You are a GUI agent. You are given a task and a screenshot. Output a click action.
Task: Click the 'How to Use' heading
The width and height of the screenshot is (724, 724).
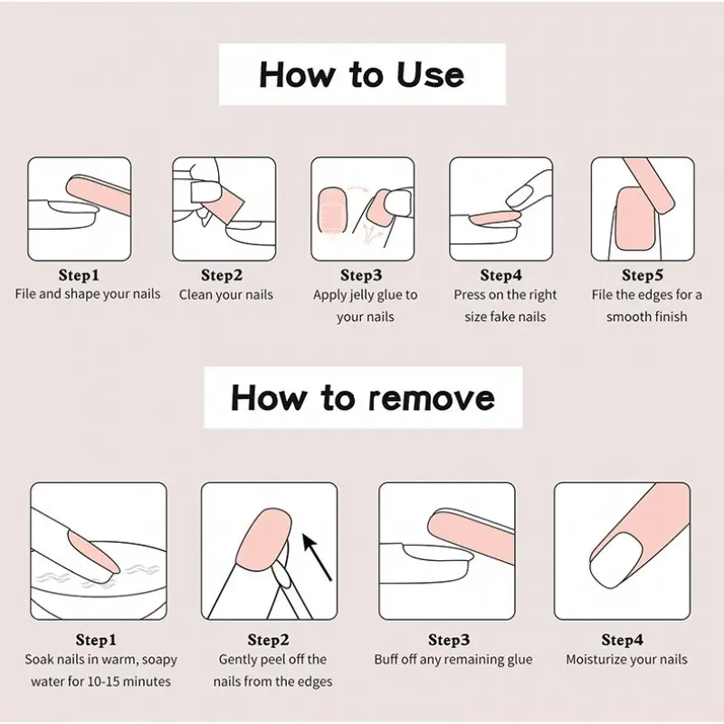(x=362, y=74)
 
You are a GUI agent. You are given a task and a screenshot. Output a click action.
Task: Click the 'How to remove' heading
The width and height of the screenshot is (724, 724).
(x=363, y=397)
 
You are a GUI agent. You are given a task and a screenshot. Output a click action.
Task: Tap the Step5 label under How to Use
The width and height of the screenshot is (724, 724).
(x=643, y=275)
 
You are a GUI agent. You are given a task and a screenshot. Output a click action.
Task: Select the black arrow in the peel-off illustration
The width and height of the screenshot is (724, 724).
(x=317, y=557)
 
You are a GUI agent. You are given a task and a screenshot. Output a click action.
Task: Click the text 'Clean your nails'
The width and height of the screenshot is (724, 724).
(x=225, y=295)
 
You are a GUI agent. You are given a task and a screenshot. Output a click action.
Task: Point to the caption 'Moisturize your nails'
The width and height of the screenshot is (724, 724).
(x=626, y=660)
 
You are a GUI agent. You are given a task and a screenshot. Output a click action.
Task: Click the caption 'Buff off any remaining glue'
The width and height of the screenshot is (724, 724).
(x=453, y=660)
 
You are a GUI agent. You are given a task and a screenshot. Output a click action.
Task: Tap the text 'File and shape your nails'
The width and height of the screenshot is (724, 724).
(x=87, y=294)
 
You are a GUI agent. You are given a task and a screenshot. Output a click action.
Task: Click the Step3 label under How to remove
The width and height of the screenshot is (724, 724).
(x=449, y=640)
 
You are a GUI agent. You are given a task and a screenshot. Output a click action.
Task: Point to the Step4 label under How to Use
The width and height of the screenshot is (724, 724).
(x=501, y=275)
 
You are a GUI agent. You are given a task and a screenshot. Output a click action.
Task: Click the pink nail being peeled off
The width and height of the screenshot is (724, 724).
(x=263, y=538)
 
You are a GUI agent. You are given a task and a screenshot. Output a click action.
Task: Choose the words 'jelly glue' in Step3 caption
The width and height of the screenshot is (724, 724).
(x=366, y=296)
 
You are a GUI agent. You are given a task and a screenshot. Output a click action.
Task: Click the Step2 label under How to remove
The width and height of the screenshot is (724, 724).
(x=268, y=640)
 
